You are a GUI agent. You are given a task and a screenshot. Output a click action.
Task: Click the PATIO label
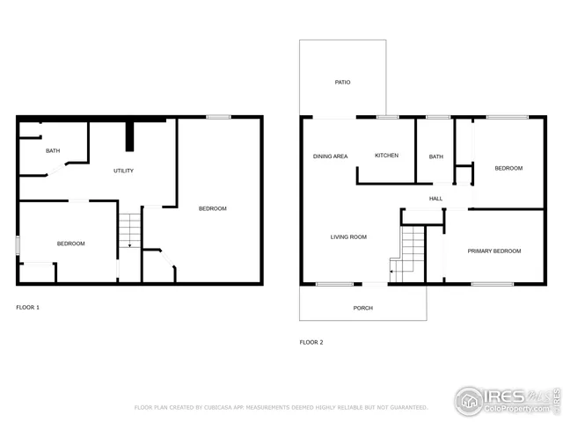point(342,82)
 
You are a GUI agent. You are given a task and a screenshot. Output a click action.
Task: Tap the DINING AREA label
point(330,156)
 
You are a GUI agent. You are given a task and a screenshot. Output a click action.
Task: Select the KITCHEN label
point(386,156)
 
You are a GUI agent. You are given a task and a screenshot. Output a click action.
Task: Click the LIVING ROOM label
point(348,236)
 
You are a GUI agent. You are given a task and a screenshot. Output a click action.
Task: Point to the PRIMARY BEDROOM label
point(494,251)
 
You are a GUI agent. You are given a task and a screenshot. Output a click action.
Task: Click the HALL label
point(435,199)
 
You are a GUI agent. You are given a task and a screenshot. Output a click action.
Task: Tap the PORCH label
point(362,308)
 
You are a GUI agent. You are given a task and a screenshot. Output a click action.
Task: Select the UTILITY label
point(123,171)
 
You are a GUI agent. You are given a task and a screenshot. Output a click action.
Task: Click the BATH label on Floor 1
point(53,151)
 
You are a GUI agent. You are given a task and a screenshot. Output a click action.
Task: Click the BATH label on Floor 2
point(435,156)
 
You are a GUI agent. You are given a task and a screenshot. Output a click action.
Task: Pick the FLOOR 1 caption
point(27,307)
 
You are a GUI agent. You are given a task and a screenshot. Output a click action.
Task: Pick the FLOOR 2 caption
point(311,342)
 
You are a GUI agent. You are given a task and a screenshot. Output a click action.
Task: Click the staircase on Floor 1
point(129,230)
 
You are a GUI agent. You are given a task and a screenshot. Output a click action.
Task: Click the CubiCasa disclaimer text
point(281,408)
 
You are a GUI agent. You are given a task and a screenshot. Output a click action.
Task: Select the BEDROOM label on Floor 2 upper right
point(508,168)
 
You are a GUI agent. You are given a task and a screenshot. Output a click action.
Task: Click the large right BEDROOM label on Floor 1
point(212,208)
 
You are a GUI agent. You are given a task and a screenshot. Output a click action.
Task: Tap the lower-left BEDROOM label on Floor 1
point(70,243)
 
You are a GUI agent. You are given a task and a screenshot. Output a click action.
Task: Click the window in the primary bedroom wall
point(492,284)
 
